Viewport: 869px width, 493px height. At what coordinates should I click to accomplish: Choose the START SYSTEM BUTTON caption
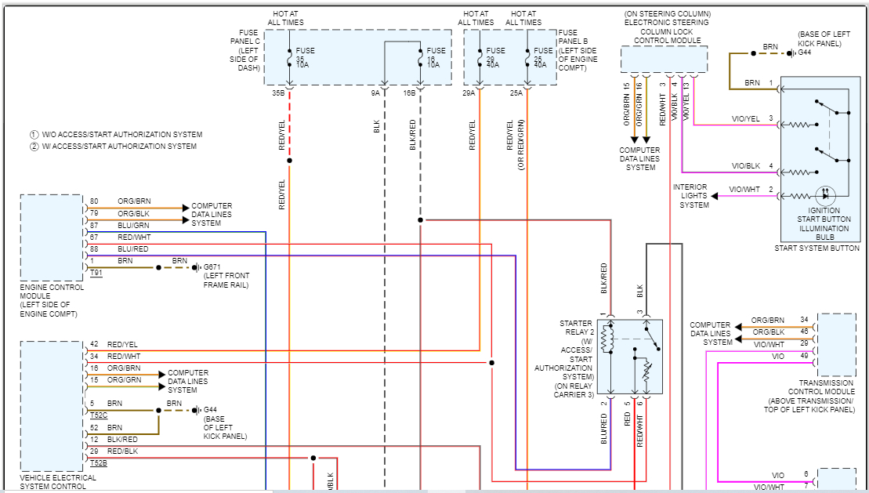click(x=816, y=248)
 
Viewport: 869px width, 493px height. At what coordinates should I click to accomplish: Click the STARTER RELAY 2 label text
click(x=576, y=327)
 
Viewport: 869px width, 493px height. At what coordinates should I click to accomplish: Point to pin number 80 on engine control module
click(x=94, y=201)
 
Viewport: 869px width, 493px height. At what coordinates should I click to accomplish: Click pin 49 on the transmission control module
click(x=804, y=356)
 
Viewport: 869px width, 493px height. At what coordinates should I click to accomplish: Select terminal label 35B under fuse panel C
click(x=278, y=92)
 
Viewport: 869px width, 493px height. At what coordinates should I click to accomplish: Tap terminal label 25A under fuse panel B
click(x=516, y=92)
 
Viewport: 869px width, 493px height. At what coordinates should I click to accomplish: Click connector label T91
click(x=96, y=273)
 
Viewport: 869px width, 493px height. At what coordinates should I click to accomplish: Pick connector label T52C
click(x=98, y=415)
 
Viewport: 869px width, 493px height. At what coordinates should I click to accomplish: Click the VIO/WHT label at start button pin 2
click(x=744, y=190)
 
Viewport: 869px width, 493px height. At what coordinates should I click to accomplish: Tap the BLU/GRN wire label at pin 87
click(x=133, y=224)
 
